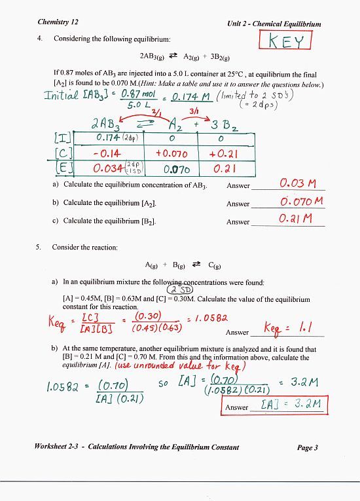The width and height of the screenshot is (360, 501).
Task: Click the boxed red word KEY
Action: [287, 41]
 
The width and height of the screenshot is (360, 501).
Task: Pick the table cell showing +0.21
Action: [224, 154]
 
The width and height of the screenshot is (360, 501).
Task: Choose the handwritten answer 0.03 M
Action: [298, 183]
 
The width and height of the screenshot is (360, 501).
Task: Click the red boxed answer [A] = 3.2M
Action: [289, 405]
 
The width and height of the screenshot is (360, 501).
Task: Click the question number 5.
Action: [40, 248]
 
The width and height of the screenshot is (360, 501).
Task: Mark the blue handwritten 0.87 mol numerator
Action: [137, 94]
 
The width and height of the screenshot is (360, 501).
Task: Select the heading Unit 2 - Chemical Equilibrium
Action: [274, 24]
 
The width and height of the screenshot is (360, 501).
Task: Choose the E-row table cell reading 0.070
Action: [171, 169]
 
